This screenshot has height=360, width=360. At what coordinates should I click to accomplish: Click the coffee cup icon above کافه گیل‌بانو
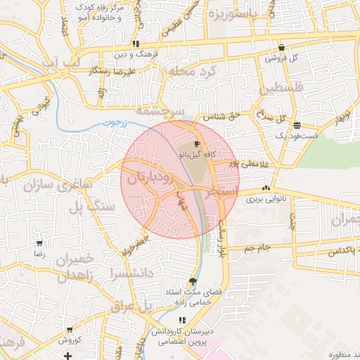point(196,143)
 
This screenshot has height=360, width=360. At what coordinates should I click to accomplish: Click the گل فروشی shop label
point(281,58)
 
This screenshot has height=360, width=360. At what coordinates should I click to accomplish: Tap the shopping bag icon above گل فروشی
point(281,48)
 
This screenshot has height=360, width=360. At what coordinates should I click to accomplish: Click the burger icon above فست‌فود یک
point(297,123)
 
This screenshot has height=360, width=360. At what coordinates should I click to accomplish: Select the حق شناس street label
point(221,115)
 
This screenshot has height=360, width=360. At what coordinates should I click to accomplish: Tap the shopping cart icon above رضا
point(39,244)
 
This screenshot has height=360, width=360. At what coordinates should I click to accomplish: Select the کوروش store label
point(70,340)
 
